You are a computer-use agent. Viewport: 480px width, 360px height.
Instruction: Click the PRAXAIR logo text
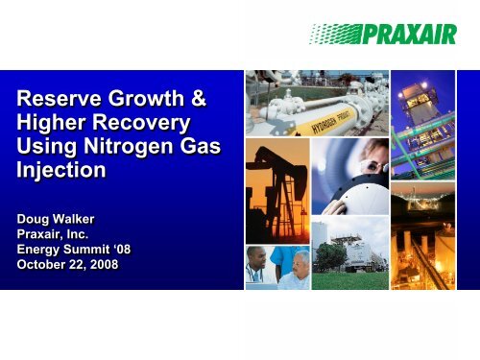pyautogui.click(x=404, y=37)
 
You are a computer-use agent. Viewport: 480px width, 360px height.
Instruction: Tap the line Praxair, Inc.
pyautogui.click(x=56, y=225)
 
